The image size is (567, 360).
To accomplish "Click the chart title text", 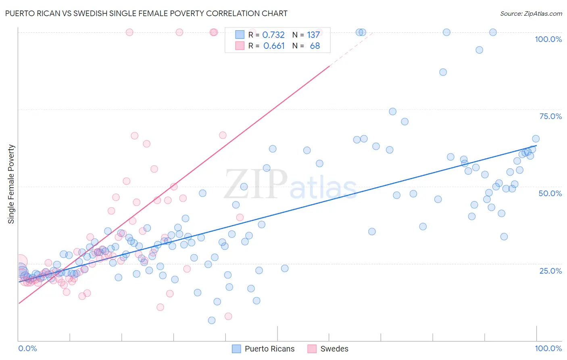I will tap(146, 13).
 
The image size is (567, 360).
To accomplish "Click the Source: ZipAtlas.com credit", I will tap(531, 13).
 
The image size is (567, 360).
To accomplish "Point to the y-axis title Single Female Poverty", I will tap(11, 184).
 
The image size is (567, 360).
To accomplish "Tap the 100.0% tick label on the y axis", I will tap(548, 39).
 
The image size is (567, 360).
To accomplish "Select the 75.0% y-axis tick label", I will tap(550, 116).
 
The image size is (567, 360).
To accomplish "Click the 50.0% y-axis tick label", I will tap(550, 193).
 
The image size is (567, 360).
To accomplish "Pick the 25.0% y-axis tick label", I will tap(550, 271).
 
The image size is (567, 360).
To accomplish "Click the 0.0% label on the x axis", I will tap(27, 348).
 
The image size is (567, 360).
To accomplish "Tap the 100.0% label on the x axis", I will tap(548, 348).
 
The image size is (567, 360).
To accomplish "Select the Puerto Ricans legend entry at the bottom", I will tap(263, 349).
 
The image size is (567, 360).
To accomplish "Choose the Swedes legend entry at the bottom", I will tap(328, 349).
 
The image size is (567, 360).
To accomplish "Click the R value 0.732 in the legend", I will tap(273, 35).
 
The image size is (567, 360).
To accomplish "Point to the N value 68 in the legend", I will tap(315, 46).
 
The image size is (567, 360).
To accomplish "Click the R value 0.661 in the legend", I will tap(274, 46).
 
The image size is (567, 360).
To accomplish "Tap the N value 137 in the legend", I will tap(313, 35).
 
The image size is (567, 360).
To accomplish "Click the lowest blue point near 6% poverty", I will tap(212, 320).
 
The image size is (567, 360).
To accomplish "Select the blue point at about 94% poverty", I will tap(479, 50).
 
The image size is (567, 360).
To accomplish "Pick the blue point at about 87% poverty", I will tap(443, 72).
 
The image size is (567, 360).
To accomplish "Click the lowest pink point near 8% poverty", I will tap(228, 316).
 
